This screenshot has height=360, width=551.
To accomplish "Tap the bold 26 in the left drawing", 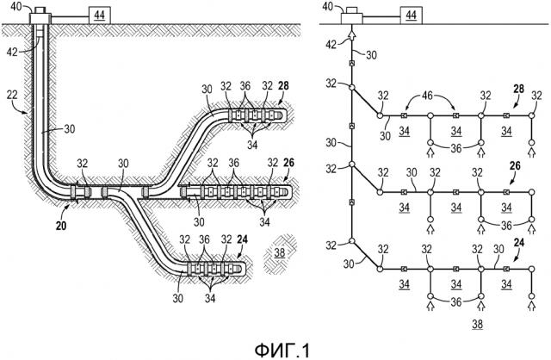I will pyautogui.click(x=288, y=161).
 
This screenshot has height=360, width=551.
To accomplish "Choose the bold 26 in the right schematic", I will pyautogui.click(x=515, y=165).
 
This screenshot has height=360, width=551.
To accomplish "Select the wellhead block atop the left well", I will pyautogui.click(x=40, y=16).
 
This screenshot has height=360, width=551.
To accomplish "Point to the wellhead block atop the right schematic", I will pyautogui.click(x=351, y=16).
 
